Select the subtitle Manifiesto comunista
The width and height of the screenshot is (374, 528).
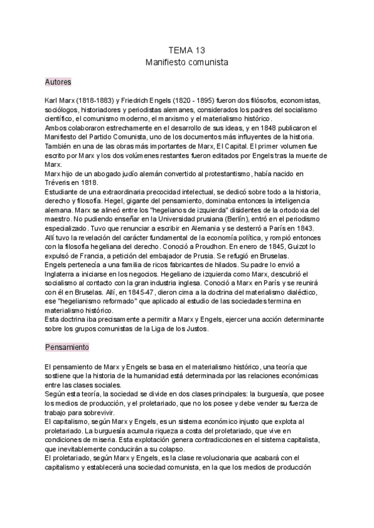pyautogui.click(x=186, y=63)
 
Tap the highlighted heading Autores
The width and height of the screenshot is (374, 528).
pyautogui.click(x=59, y=82)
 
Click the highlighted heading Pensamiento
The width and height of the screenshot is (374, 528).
pyautogui.click(x=67, y=346)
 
